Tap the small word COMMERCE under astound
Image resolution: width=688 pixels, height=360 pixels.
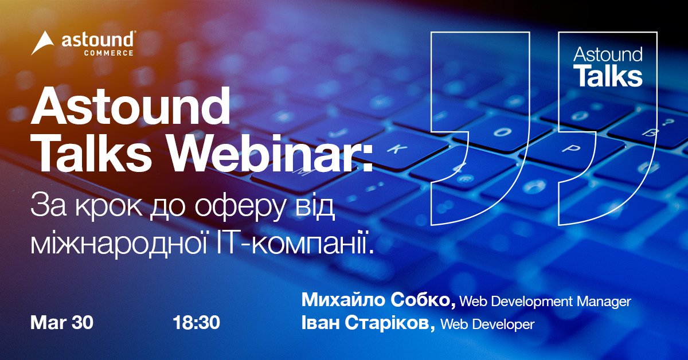coord(109,53)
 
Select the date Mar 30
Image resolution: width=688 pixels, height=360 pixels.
coord(62,323)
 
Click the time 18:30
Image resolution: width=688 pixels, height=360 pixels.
coord(197,323)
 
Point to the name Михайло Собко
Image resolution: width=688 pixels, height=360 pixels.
coord(379,300)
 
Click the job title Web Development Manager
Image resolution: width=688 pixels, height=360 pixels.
coord(545,302)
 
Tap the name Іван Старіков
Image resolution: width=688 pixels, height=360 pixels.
coord(368,323)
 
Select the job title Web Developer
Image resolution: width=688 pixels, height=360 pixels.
coord(488,324)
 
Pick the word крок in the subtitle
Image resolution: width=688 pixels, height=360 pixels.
coord(109,207)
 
